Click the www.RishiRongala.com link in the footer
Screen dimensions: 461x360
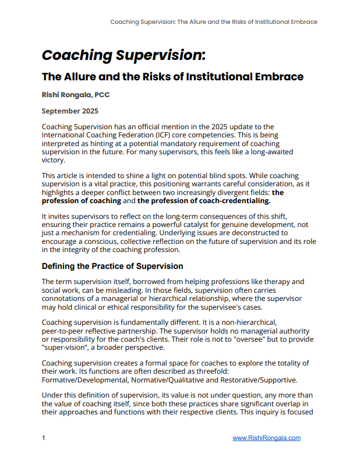(x=266, y=438)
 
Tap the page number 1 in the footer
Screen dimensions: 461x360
(x=44, y=438)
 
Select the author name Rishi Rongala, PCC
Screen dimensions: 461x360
(x=80, y=94)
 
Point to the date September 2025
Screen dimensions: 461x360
(x=70, y=111)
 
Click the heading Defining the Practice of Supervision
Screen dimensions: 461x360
(x=112, y=266)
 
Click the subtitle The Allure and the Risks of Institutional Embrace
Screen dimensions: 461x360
(x=172, y=76)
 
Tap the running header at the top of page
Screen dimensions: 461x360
(x=214, y=22)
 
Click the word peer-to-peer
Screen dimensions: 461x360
(x=64, y=331)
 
